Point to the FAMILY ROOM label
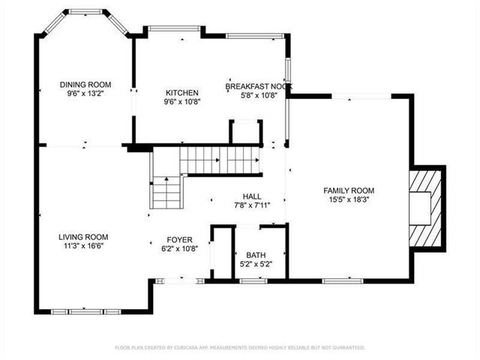tap(349, 190)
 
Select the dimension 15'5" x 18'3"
tap(349, 199)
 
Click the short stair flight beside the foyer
tap(166, 193)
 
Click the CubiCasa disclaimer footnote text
tap(240, 347)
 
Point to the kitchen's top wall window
tap(173, 29)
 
